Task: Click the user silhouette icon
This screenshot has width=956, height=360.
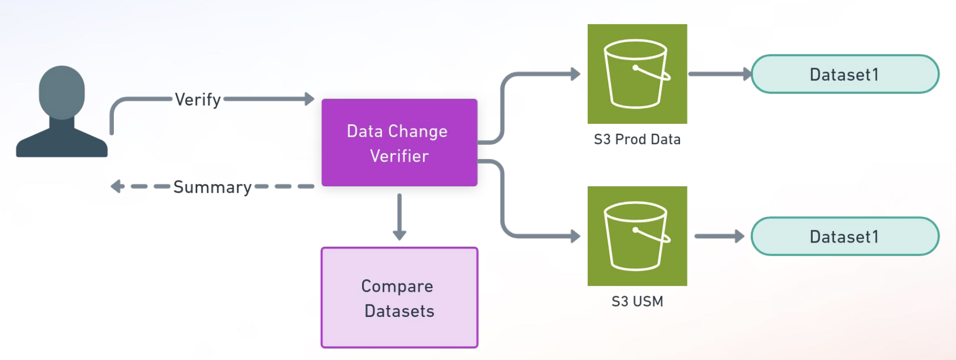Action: pos(62,113)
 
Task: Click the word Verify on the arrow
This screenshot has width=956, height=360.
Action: pos(198,99)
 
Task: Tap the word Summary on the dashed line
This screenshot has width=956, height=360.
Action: pos(213,187)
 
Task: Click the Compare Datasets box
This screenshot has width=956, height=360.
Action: pos(399,298)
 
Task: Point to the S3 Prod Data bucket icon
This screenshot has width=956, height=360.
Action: pos(637,74)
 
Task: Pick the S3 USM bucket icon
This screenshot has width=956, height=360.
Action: pos(637,236)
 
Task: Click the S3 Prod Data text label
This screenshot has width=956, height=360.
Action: pos(637,140)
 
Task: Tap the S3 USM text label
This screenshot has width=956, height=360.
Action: pos(637,302)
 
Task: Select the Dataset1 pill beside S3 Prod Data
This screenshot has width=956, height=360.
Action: pos(845,75)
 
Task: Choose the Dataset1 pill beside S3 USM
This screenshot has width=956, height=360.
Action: pos(845,237)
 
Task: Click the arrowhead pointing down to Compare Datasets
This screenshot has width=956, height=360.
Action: pos(400,235)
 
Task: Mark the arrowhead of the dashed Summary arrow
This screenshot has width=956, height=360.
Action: pos(117,186)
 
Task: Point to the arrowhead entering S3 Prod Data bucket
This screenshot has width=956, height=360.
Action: pos(576,74)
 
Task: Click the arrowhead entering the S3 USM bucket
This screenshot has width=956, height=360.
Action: pos(576,236)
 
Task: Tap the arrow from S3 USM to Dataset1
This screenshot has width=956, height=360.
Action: pos(719,236)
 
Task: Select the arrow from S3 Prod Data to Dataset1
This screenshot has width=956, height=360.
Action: pos(719,74)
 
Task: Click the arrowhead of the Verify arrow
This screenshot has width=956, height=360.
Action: pos(310,99)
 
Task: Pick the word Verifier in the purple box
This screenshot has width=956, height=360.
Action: pos(399,156)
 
